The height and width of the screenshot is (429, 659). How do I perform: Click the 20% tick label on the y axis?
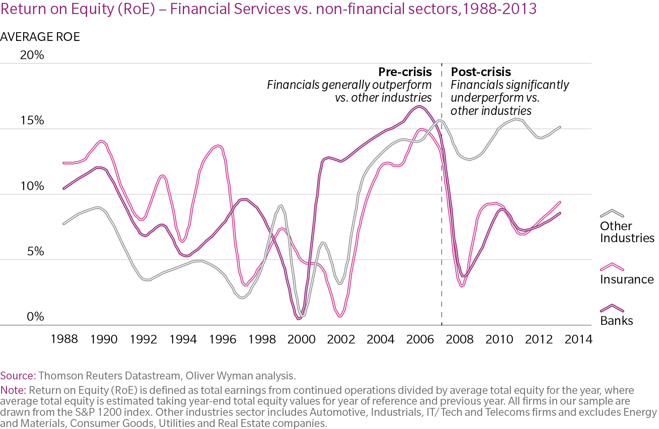click(x=32, y=55)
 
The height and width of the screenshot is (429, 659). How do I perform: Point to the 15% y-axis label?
click(x=32, y=120)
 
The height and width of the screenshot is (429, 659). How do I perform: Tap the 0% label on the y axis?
click(x=35, y=317)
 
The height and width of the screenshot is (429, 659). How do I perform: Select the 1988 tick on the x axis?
click(x=64, y=339)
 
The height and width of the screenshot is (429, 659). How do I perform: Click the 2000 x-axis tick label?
click(x=301, y=339)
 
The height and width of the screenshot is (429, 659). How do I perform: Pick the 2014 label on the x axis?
click(x=578, y=339)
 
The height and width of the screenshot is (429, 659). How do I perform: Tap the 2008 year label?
click(x=460, y=339)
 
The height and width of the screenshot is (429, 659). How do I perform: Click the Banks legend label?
click(x=616, y=321)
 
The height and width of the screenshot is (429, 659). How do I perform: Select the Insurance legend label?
click(x=627, y=279)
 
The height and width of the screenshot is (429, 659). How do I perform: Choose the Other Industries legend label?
click(x=627, y=232)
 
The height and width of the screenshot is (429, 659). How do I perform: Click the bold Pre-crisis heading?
click(x=405, y=72)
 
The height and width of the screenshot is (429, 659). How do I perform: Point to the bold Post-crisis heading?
click(x=481, y=72)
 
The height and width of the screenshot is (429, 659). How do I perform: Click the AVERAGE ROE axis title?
click(x=40, y=37)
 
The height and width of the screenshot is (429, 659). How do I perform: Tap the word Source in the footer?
click(x=17, y=376)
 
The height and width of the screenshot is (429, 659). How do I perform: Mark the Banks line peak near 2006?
click(x=419, y=107)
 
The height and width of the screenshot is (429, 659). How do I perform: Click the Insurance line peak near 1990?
click(x=102, y=141)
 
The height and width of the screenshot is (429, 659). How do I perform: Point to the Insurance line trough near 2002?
click(x=340, y=316)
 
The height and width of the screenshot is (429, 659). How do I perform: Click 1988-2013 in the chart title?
click(x=499, y=9)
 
